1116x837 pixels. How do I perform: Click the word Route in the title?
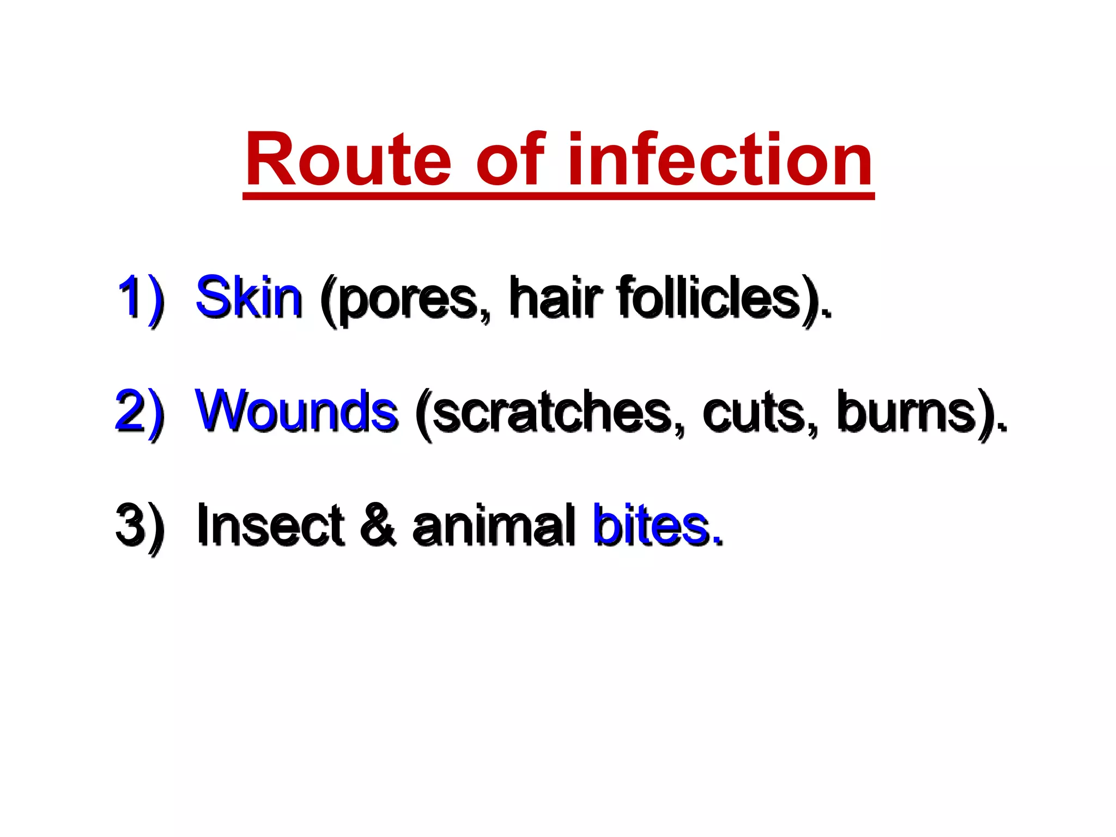[x=348, y=161]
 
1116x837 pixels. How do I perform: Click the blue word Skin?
[x=248, y=298]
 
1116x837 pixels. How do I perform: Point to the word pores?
[x=406, y=300]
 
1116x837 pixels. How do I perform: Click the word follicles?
[x=708, y=298]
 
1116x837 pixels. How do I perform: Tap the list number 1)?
[x=140, y=299]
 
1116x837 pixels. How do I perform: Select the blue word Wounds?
[x=296, y=412]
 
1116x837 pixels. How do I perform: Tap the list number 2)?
[x=139, y=413]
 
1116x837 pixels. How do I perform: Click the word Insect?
[x=270, y=525]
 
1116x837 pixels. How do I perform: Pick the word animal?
[x=493, y=525]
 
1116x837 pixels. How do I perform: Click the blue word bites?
[x=651, y=525]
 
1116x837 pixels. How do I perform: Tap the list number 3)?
[x=139, y=526]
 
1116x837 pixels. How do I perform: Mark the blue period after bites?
[x=718, y=542]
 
